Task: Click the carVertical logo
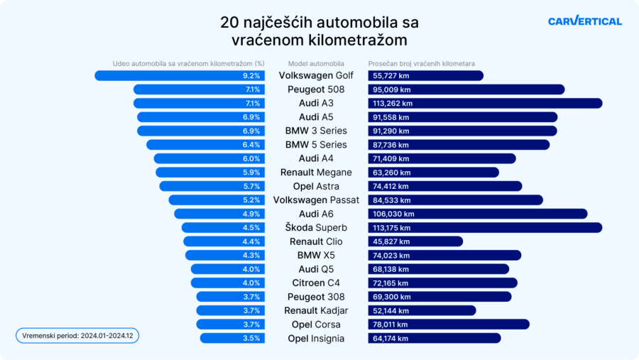(x=584, y=21)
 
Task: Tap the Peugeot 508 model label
(x=316, y=89)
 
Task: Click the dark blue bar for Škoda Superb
(x=485, y=228)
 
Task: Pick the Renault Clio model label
(x=316, y=241)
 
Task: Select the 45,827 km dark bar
(x=415, y=241)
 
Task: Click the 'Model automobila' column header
(x=316, y=63)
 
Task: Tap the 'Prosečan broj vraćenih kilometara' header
(x=422, y=63)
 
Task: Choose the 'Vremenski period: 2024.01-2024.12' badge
(x=77, y=335)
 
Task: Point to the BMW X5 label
(x=316, y=256)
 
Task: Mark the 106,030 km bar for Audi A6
(x=478, y=214)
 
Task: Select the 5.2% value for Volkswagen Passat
(x=251, y=200)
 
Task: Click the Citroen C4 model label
(x=316, y=283)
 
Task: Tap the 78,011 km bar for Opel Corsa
(x=449, y=324)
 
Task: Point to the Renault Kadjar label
(x=316, y=311)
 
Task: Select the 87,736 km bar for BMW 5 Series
(x=459, y=145)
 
